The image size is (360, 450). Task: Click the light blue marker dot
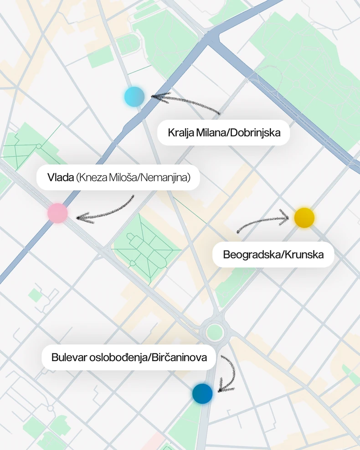[134, 97]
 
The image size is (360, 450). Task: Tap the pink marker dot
[58, 213]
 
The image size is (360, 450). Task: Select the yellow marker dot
[304, 217]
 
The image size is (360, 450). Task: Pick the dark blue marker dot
[202, 393]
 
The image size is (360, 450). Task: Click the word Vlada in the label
[60, 178]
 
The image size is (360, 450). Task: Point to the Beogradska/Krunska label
[273, 254]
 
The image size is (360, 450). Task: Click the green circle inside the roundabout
[213, 331]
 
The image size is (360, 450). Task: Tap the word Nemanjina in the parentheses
[165, 178]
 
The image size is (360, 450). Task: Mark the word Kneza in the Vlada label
[93, 178]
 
